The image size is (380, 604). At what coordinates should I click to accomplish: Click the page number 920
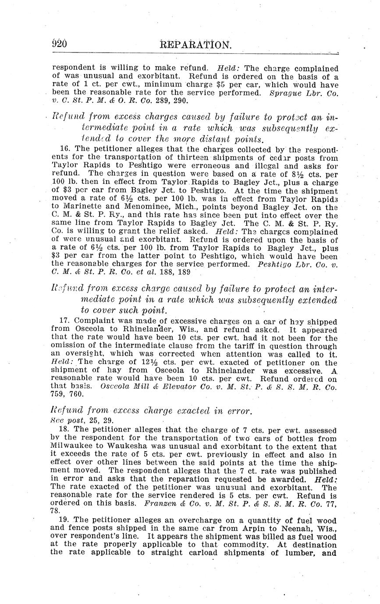pyautogui.click(x=59, y=44)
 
